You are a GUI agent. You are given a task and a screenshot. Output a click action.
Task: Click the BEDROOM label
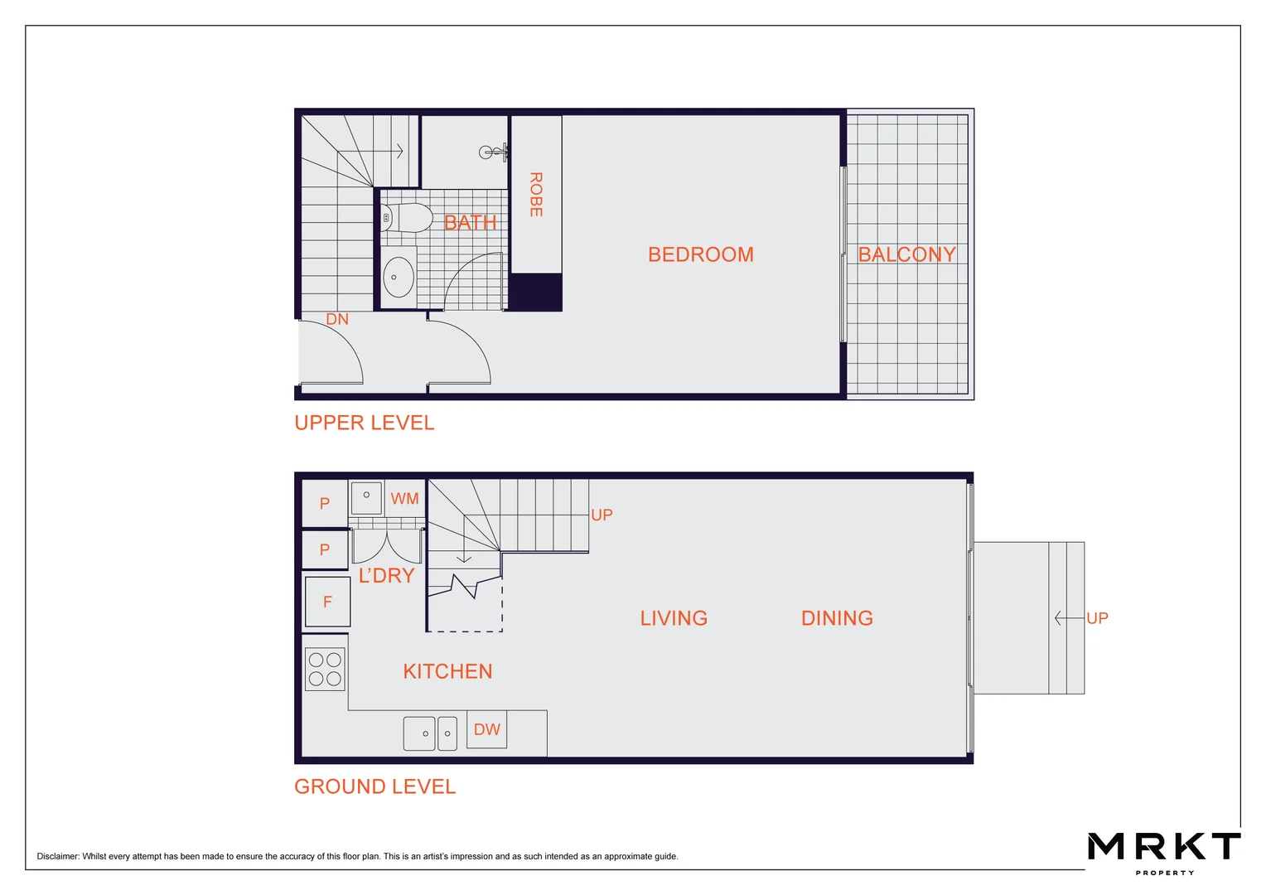click(700, 254)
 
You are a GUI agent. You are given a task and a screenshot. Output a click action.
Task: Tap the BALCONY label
click(906, 254)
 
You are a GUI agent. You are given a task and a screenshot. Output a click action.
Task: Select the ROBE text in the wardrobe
click(536, 195)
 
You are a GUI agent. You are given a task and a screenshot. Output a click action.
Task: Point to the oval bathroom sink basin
click(399, 277)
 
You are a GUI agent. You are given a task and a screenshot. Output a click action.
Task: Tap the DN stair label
click(337, 320)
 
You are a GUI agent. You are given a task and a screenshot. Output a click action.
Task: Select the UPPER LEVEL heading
click(364, 423)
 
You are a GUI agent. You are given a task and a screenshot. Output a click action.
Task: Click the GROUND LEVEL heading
click(374, 786)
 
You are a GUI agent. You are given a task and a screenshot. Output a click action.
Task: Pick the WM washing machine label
click(404, 499)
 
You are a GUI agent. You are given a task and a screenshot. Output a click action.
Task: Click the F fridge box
click(327, 602)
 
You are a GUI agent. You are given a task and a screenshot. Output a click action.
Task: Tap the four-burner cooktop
click(325, 670)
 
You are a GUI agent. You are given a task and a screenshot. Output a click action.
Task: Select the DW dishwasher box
click(486, 729)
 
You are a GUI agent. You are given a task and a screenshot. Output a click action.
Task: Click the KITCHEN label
click(447, 671)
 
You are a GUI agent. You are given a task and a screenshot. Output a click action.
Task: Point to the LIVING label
click(674, 618)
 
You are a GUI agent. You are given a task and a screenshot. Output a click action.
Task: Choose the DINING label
click(837, 618)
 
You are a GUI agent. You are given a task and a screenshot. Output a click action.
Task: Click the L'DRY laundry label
click(386, 575)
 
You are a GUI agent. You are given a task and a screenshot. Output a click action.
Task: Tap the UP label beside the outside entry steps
click(1097, 618)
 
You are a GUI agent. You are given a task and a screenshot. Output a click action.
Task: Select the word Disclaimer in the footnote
click(57, 857)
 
